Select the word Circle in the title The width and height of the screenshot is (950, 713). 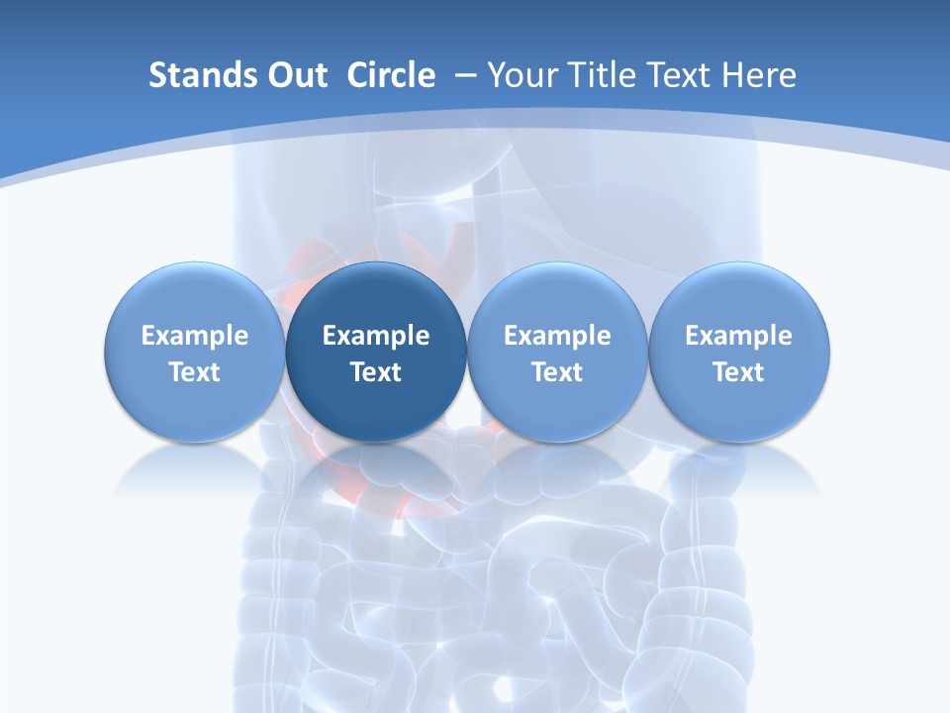pyautogui.click(x=391, y=75)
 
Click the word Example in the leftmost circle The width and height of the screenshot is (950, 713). pyautogui.click(x=195, y=336)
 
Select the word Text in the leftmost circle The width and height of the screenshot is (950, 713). pyautogui.click(x=195, y=372)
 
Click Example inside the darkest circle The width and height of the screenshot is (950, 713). pyautogui.click(x=376, y=336)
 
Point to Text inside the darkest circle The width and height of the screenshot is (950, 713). pyautogui.click(x=376, y=372)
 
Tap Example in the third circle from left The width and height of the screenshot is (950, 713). pyautogui.click(x=557, y=336)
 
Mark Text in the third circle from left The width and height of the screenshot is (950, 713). pyautogui.click(x=557, y=372)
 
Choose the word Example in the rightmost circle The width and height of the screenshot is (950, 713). pyautogui.click(x=738, y=336)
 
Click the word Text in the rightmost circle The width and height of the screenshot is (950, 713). pyautogui.click(x=738, y=372)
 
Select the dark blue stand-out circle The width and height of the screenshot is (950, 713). pyautogui.click(x=376, y=297)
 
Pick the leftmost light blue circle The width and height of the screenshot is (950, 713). pyautogui.click(x=195, y=297)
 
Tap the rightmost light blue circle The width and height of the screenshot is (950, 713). pyautogui.click(x=738, y=297)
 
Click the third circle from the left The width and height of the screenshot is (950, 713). pyautogui.click(x=557, y=297)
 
